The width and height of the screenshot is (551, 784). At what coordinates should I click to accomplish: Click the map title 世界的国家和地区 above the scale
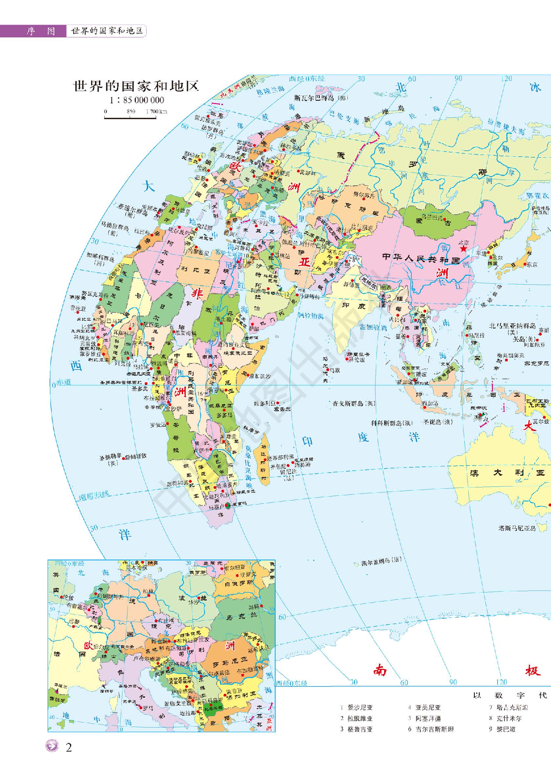point(136,86)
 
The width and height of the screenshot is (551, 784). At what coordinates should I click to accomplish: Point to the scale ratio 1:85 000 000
point(137,100)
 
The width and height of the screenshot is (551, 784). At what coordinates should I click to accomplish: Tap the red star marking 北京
point(463,249)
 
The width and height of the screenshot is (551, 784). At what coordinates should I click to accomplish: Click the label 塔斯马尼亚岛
point(517,528)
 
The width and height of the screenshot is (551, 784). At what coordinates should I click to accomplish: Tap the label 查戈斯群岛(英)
point(354,403)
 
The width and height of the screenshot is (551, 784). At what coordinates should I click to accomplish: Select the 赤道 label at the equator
point(64,382)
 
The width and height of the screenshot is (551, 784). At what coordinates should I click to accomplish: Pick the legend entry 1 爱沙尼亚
point(356,707)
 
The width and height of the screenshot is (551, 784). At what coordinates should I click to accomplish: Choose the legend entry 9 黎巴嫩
point(502,729)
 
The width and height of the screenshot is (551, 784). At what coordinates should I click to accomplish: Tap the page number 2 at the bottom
point(69,747)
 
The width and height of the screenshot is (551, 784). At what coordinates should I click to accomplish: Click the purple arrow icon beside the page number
point(52,746)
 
